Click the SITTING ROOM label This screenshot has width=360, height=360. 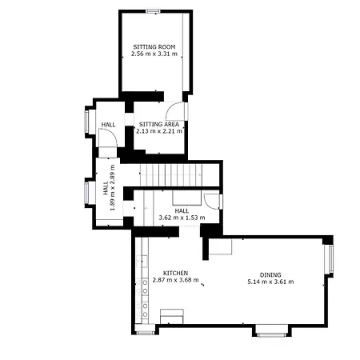pos(154,47)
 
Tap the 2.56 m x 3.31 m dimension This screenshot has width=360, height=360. pos(154,54)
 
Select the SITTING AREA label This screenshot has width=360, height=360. pos(159,124)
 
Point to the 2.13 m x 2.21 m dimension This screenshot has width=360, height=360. pos(159,131)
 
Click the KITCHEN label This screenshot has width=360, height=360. pos(175,273)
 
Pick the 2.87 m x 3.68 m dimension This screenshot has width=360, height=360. pos(175,280)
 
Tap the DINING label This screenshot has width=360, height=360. pos(270,274)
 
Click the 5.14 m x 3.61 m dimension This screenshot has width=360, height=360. pos(270,282)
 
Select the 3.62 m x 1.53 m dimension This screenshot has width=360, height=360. pos(182,218)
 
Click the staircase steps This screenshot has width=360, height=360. pos(171,175)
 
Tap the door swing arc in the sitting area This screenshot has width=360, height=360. pos(174,110)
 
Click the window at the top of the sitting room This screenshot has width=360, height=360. pos(154,11)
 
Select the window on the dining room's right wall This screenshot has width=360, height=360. pos(331,259)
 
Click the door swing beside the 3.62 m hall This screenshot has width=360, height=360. pos(211,201)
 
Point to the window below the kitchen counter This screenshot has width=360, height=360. pos(145,333)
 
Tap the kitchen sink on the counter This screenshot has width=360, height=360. pos(142,262)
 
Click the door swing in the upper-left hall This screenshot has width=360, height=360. pos(108,138)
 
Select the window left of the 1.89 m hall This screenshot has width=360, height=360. pos(86,193)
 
